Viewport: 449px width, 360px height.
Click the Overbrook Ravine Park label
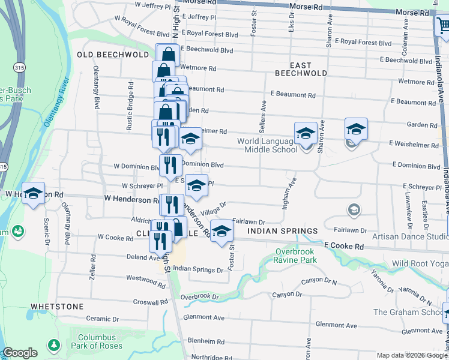(x=295, y=256)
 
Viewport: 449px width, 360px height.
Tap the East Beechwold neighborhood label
(x=301, y=69)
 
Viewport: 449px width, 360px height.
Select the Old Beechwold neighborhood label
(x=113, y=55)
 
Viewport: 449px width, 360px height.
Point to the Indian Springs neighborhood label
(x=282, y=231)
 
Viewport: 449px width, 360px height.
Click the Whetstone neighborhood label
(x=57, y=306)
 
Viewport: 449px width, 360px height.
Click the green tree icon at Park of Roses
(x=54, y=345)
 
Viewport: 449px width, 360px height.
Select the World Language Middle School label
(x=267, y=145)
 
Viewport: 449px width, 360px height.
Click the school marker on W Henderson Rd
(x=34, y=193)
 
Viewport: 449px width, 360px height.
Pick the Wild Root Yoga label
(x=420, y=263)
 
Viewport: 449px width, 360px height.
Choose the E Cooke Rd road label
(x=344, y=246)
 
